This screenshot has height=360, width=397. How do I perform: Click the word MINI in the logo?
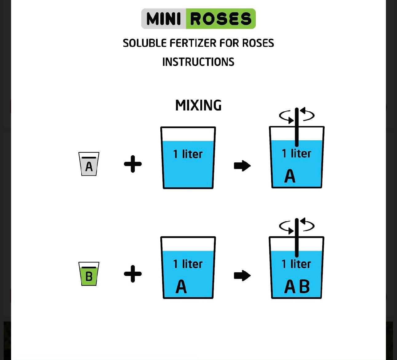[x=164, y=19]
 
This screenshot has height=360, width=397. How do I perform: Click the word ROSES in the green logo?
[x=221, y=19]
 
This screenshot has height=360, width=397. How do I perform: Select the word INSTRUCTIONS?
[x=198, y=62]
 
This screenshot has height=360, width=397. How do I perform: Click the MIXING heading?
[x=198, y=105]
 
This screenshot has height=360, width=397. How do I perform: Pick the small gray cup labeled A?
[x=89, y=164]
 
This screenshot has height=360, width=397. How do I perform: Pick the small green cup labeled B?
[x=89, y=274]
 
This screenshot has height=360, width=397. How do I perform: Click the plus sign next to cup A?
[x=133, y=164]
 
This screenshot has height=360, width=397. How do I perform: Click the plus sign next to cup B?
[x=133, y=274]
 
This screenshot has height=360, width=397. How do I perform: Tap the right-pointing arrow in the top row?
[x=242, y=166]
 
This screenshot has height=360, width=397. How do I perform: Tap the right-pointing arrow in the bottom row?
[x=242, y=275]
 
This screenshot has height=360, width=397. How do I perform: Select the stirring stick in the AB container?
[x=297, y=237]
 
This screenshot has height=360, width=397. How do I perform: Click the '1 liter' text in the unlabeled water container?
[x=188, y=154]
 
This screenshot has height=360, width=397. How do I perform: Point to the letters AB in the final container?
[x=297, y=287]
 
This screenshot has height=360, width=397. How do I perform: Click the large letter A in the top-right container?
[x=290, y=176]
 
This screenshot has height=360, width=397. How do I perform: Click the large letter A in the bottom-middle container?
[x=181, y=287]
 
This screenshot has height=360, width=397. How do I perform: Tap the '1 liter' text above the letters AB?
[x=296, y=264]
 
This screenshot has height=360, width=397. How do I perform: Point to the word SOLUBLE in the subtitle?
[x=145, y=43]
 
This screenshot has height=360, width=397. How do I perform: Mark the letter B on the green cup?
[x=89, y=276]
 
